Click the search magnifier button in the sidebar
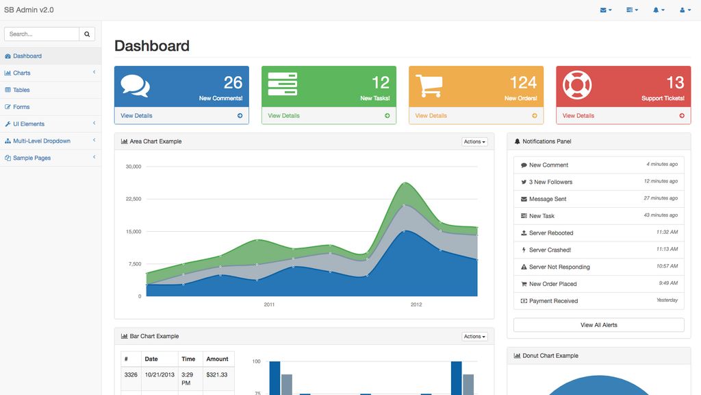coord(87,34)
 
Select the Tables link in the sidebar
coord(21,90)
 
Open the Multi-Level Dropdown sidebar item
coord(41,141)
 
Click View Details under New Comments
coord(137,116)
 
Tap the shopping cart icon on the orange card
coord(429,85)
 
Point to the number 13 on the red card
coord(675,82)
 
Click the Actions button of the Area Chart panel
coord(474,142)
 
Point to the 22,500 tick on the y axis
coord(133,199)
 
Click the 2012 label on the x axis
coord(416,304)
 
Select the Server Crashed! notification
coord(550,250)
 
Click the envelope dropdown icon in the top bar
coord(605,10)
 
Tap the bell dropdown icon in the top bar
coord(658,10)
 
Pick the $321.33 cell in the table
coord(216,374)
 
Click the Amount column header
coord(217,359)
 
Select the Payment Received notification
coord(553,301)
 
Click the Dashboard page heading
coord(152,46)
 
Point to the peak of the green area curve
coord(406,182)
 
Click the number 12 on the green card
coord(380,82)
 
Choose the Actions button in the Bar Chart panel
coord(474,337)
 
